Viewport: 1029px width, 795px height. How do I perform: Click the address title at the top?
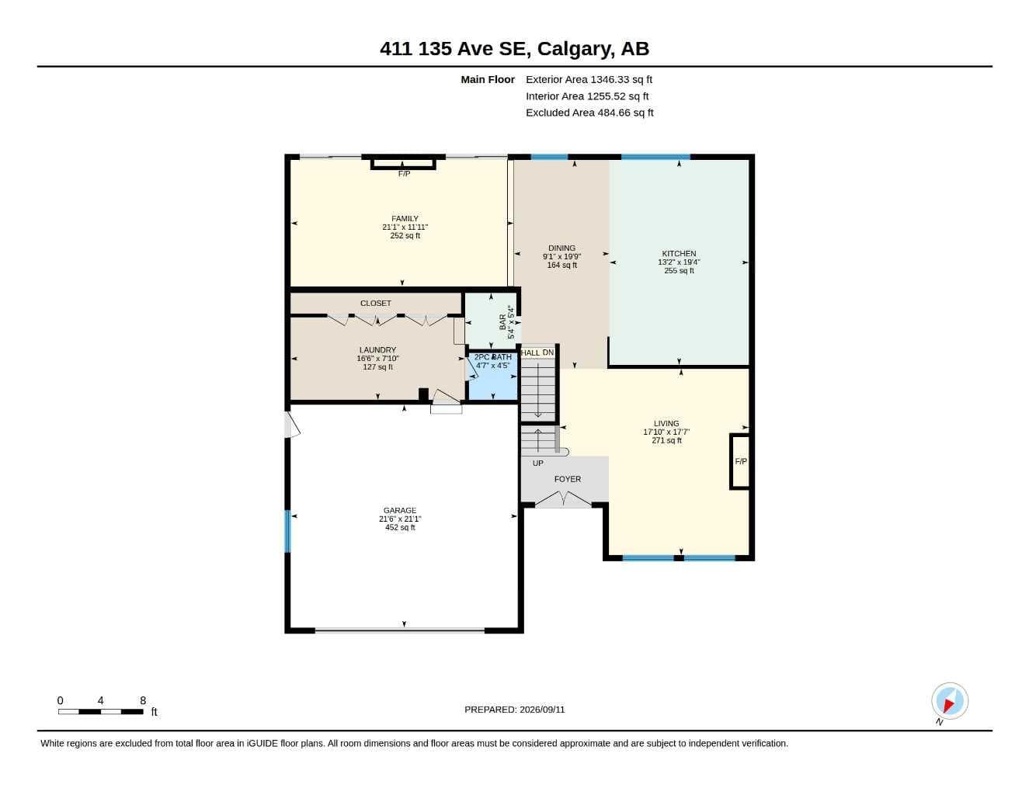coord(514,49)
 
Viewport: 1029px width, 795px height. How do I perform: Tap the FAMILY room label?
coord(405,219)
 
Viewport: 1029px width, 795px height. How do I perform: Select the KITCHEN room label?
coord(679,254)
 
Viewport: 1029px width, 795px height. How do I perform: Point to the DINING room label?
coord(561,248)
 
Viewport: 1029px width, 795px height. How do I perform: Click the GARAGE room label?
coord(400,510)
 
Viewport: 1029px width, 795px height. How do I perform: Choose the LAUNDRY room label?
coord(377,349)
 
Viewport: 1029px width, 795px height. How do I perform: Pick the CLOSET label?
coord(376,303)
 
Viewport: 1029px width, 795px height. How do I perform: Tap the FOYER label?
coord(567,479)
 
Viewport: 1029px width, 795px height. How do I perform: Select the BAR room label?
coord(502,321)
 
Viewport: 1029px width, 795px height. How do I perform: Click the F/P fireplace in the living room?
coord(740,461)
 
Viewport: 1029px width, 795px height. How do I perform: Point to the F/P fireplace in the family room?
coord(404,165)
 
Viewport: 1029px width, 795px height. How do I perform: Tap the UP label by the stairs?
coord(537,463)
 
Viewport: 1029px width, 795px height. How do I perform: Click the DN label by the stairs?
coord(548,352)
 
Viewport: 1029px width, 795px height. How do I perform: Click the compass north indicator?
coord(950,701)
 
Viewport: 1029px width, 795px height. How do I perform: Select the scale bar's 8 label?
coord(143,700)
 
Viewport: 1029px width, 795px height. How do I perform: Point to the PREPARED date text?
coord(514,710)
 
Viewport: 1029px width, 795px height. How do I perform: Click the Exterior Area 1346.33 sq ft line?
coord(589,79)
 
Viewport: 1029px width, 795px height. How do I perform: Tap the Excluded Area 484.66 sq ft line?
coord(589,113)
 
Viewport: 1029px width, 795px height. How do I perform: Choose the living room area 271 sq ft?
coord(666,440)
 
